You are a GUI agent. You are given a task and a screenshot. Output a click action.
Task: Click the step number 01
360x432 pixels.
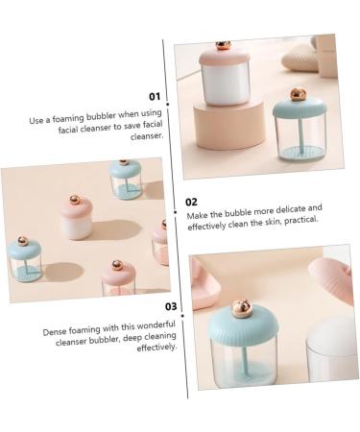click(x=154, y=96)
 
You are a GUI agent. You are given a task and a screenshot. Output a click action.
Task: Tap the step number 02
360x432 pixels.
click(x=192, y=203)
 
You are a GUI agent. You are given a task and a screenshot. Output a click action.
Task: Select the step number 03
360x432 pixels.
click(x=170, y=308)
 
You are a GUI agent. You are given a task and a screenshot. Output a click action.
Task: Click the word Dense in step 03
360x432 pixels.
click(x=57, y=332)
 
